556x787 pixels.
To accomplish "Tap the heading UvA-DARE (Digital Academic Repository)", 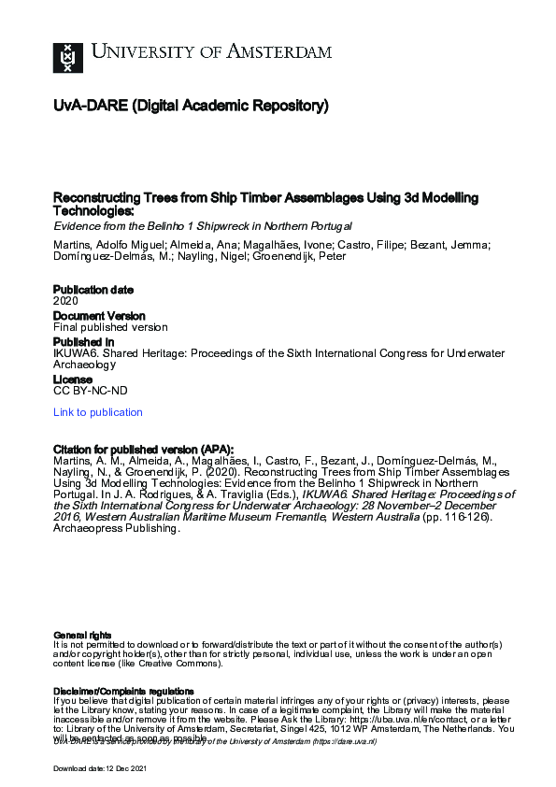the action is click(191, 107).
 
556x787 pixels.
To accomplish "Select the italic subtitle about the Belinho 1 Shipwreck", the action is click(202, 227).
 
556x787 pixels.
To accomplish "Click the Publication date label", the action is click(93, 290).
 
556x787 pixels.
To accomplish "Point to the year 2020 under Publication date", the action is click(65, 302).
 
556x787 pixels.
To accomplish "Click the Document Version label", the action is click(99, 316).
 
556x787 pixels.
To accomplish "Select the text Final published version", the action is click(110, 328).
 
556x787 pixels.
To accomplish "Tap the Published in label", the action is click(84, 342).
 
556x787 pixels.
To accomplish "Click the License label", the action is click(72, 380).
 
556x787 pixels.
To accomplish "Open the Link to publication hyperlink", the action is click(98, 412).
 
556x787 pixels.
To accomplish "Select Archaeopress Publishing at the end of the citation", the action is click(115, 528).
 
